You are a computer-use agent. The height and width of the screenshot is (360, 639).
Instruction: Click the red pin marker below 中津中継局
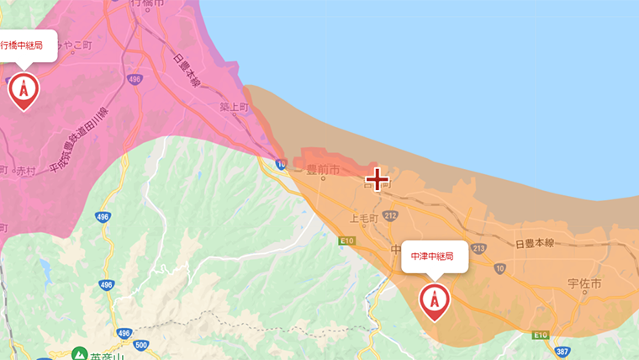click(434, 300)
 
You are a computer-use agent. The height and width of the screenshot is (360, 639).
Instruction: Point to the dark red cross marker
click(377, 178)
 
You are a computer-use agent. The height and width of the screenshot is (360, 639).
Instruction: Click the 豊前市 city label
click(323, 170)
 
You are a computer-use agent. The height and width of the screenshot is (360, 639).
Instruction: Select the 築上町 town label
click(235, 109)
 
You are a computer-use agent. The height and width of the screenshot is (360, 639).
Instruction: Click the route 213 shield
click(478, 248)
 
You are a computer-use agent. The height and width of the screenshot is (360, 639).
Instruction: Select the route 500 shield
click(141, 345)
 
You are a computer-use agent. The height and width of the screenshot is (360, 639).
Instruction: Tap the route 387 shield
click(562, 350)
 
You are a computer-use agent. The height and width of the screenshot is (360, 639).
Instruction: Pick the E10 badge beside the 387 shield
click(540, 335)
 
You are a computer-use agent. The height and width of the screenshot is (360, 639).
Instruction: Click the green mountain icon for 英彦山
click(80, 354)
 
